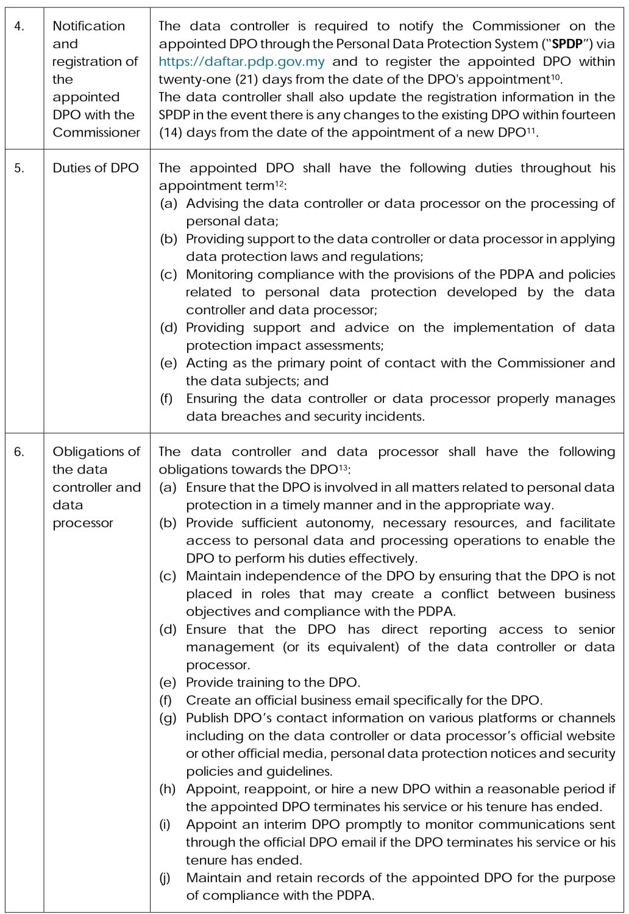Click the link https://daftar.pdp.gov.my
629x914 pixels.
click(x=241, y=62)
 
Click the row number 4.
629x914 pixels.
click(x=19, y=26)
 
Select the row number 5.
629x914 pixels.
click(x=20, y=168)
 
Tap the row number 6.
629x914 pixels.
click(x=20, y=452)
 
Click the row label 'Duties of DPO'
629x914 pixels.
click(x=96, y=168)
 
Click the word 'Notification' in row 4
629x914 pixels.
click(x=89, y=26)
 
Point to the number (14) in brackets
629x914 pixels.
click(x=171, y=132)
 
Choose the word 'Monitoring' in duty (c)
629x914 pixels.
click(x=218, y=275)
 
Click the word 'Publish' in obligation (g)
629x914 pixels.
click(x=207, y=718)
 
